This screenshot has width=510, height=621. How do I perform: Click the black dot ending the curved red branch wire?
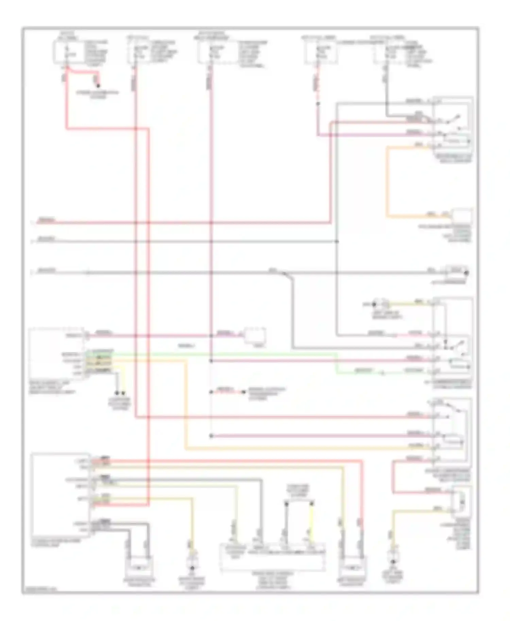click(98, 86)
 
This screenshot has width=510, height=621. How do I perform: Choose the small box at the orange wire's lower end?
click(461, 216)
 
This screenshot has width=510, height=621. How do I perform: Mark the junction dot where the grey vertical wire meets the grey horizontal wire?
click(337, 242)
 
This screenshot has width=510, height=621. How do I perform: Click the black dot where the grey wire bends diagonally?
click(285, 273)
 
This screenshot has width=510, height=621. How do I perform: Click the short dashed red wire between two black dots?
click(227, 392)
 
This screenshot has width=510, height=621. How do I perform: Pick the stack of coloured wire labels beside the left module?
click(99, 362)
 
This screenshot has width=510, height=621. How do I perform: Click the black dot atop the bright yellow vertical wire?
click(311, 502)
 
